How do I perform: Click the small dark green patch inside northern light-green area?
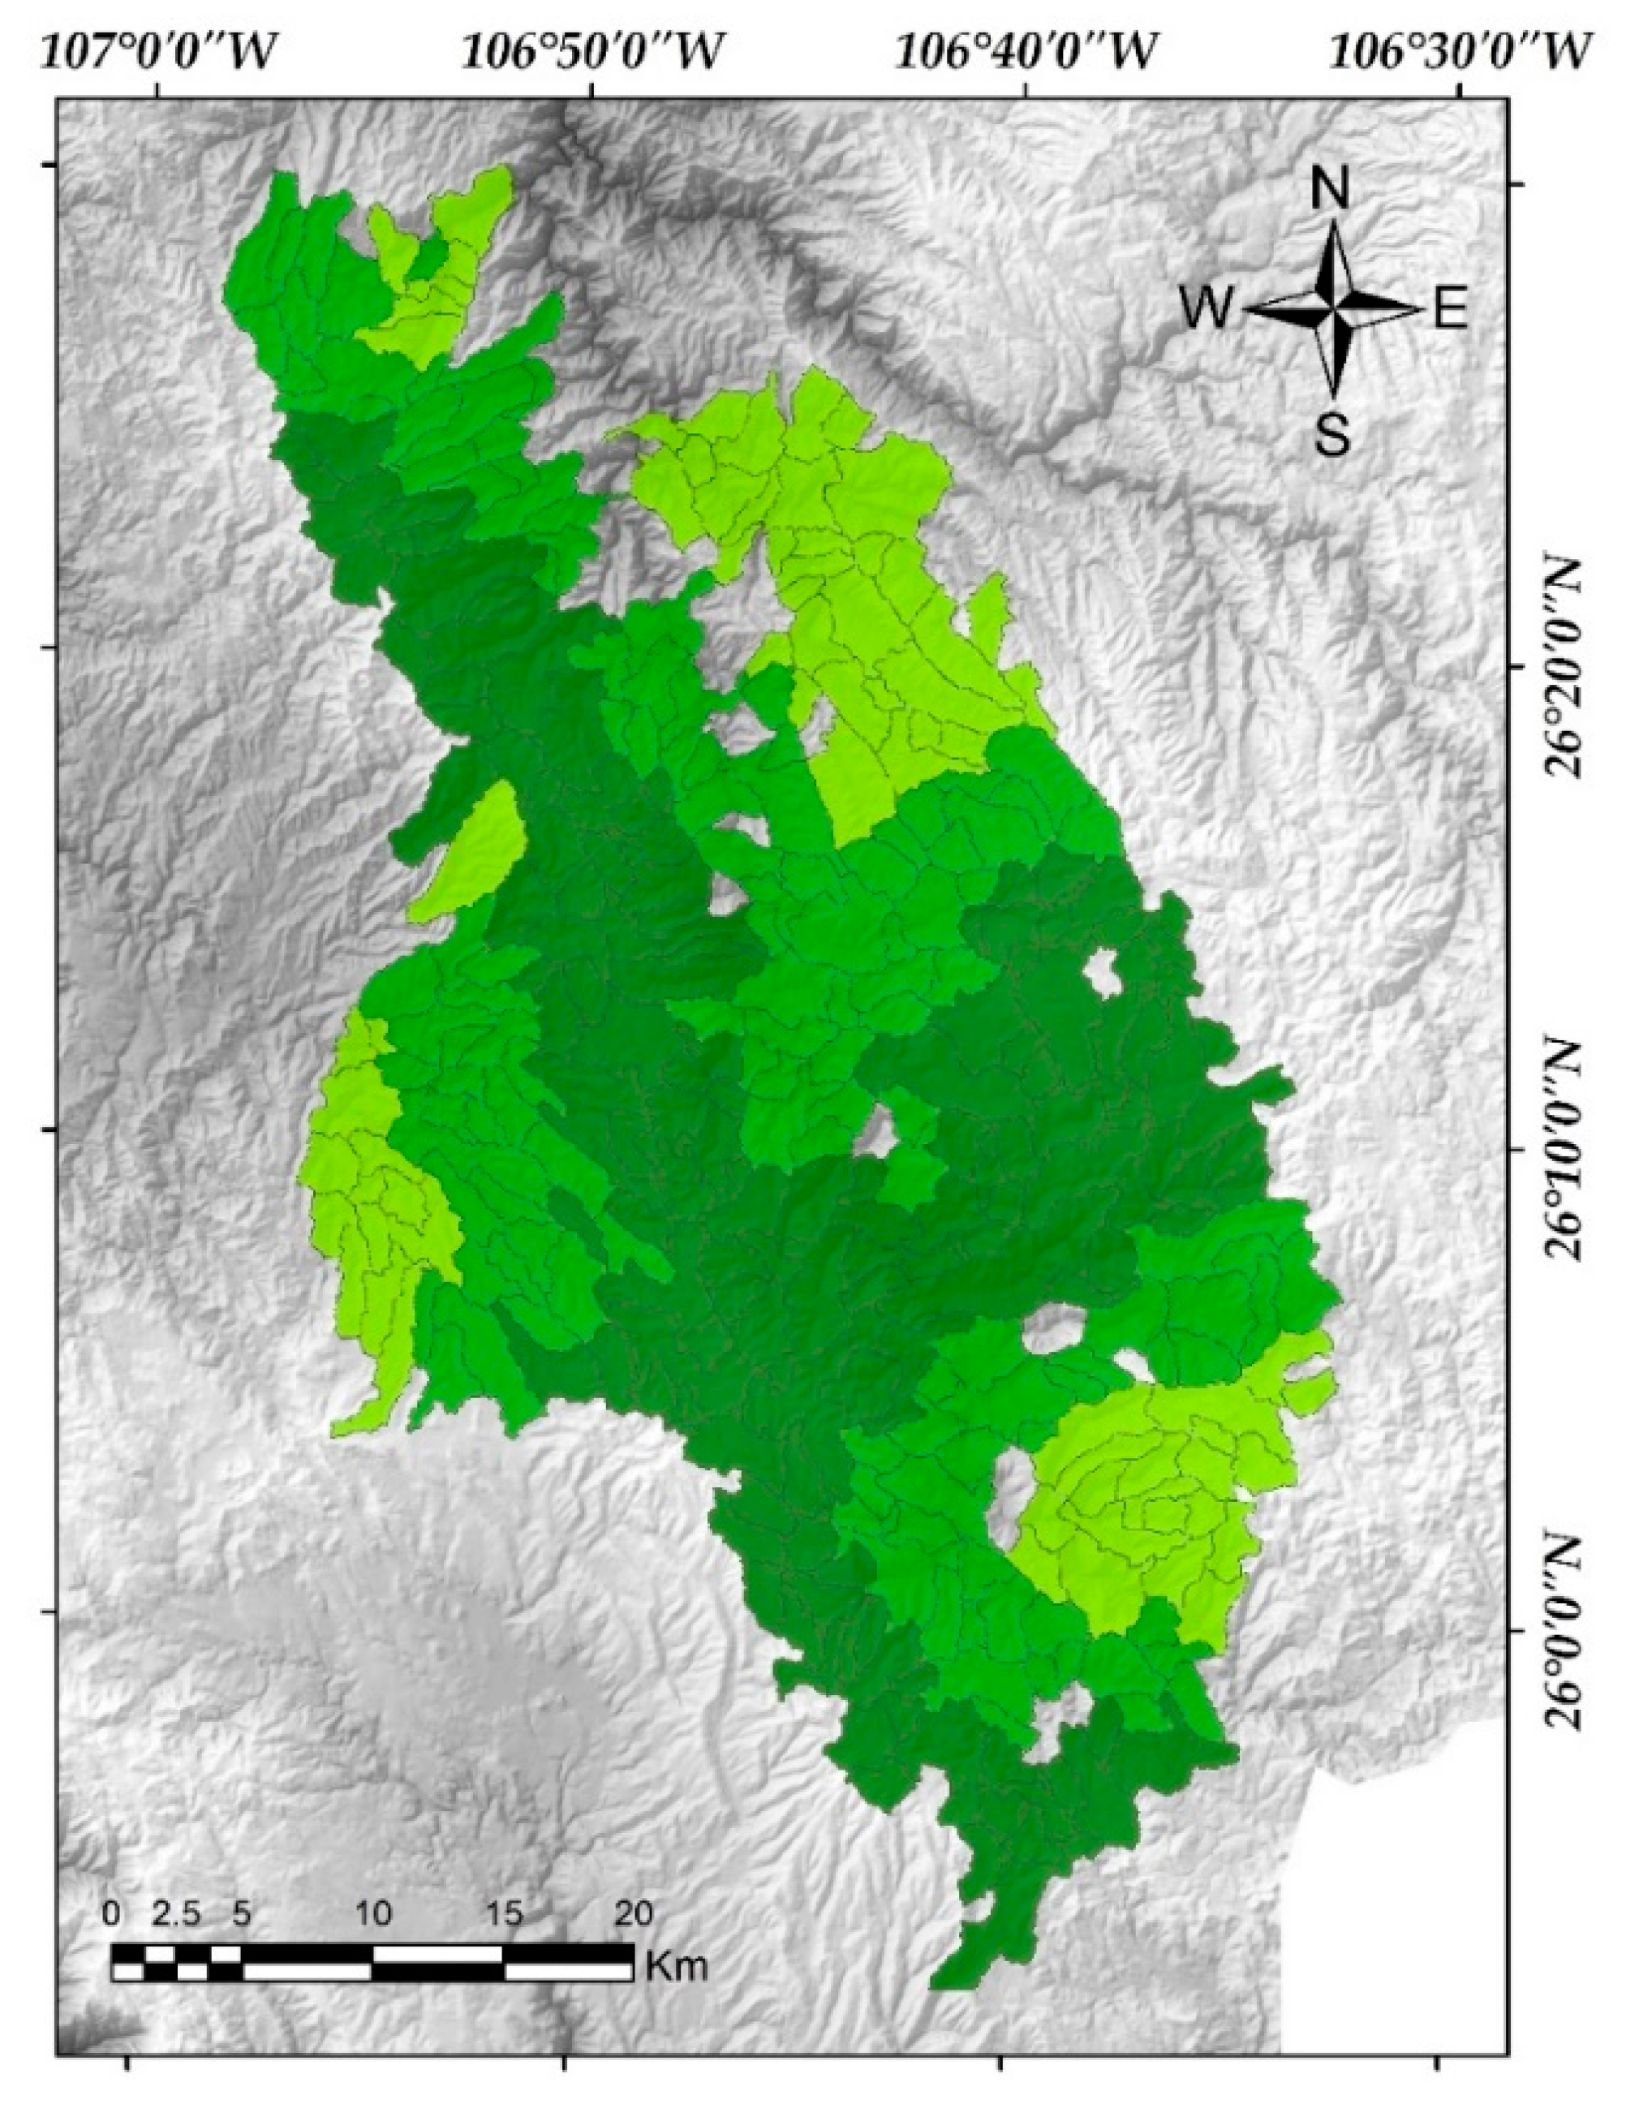[x=431, y=256]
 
